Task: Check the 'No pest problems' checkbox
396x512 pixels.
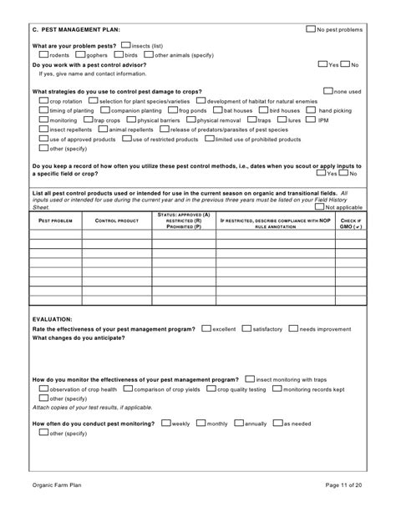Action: tap(311, 28)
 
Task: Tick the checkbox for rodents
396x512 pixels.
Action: tap(44, 54)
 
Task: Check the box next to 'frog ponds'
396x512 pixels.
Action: tap(172, 109)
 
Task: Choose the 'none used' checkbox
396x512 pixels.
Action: tap(327, 90)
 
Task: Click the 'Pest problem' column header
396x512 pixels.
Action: tap(55, 221)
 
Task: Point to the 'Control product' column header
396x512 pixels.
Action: tap(116, 221)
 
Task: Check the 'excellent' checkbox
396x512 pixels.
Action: tap(206, 328)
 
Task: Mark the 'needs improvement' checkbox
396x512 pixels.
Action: tap(293, 328)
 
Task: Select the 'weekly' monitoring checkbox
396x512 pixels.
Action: tap(165, 423)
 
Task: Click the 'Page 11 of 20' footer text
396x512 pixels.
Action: tap(343, 484)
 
